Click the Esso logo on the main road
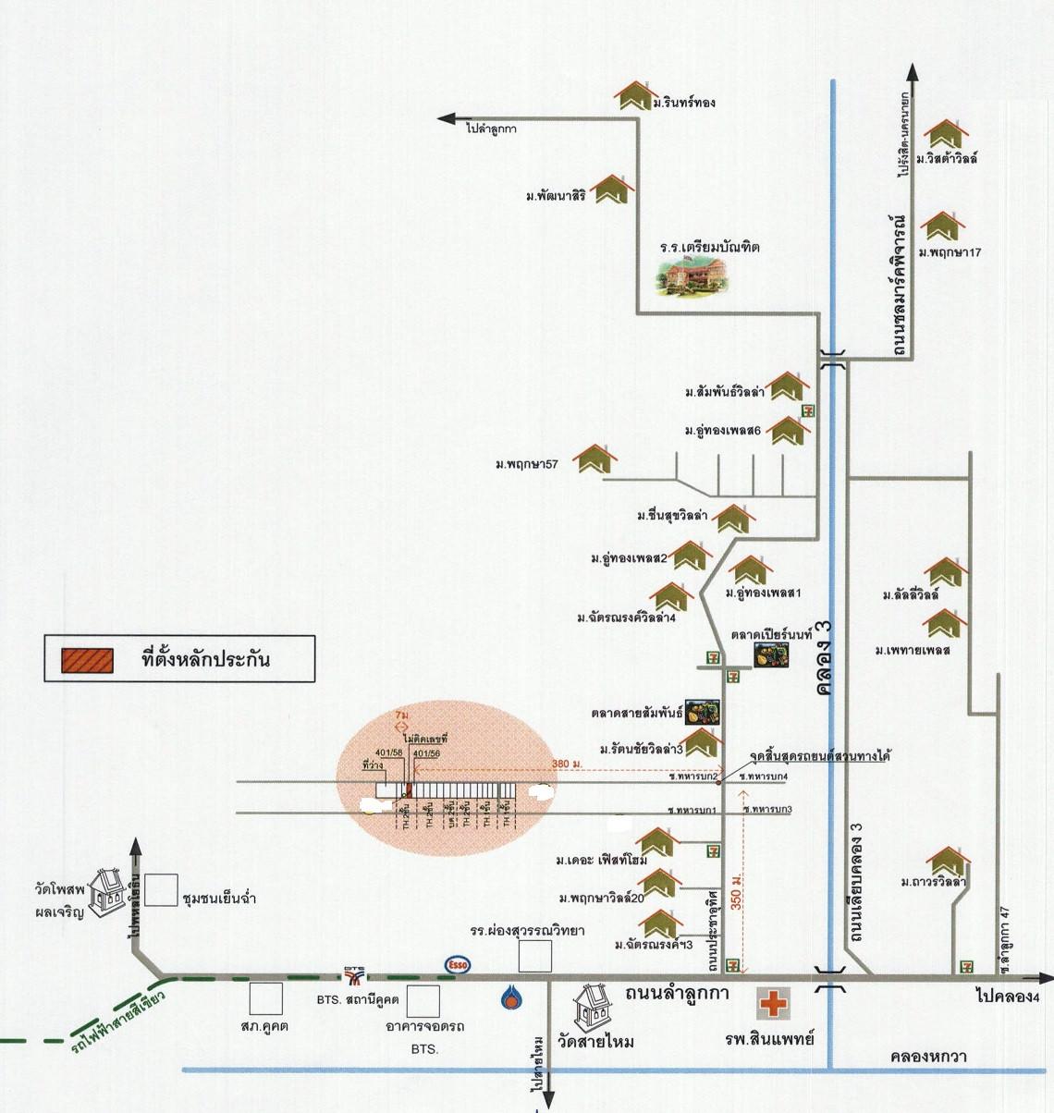coord(458,963)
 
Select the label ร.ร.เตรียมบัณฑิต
coord(709,248)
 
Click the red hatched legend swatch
coord(87,660)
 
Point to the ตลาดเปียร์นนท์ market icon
coord(772,654)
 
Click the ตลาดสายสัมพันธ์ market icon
coord(702,710)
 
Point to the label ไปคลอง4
coord(1008,997)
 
